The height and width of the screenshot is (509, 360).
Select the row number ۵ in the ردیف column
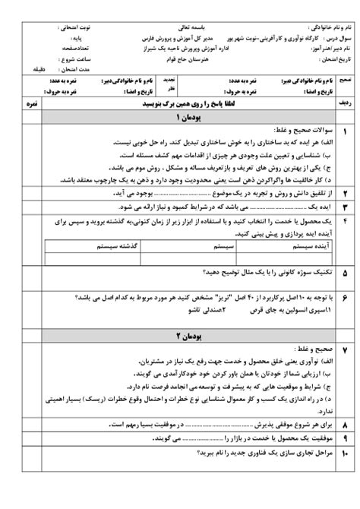pos(344,270)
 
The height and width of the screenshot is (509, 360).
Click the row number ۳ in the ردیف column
pos(344,207)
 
